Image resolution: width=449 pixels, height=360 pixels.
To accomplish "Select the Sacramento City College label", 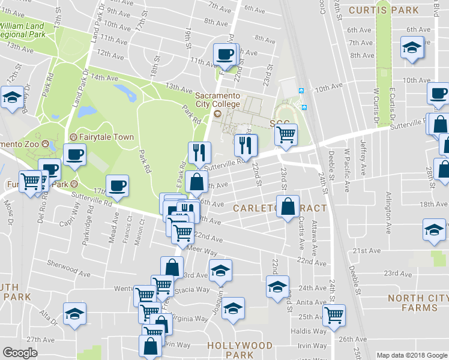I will click(x=217, y=100).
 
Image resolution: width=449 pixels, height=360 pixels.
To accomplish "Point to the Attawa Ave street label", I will click(x=315, y=235).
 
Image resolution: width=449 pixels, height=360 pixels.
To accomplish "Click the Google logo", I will click(x=20, y=353).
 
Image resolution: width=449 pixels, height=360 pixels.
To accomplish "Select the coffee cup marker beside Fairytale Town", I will click(x=74, y=155).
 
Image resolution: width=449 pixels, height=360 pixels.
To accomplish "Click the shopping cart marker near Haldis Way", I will click(x=334, y=314).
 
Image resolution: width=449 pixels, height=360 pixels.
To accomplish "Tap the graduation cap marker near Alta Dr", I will click(x=74, y=314).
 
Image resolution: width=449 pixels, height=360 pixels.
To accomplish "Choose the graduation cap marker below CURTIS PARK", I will click(x=412, y=47).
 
